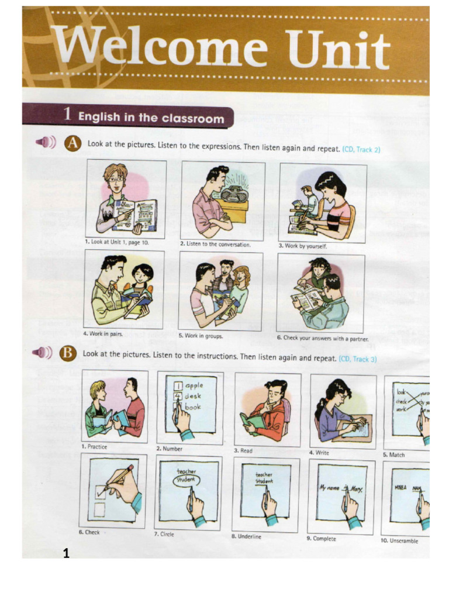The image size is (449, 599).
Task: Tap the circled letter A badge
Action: pyautogui.click(x=72, y=143)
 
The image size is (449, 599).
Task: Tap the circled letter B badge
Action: pyautogui.click(x=68, y=353)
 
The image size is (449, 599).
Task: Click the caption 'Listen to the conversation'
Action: pyautogui.click(x=215, y=245)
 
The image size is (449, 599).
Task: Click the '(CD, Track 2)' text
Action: pyautogui.click(x=361, y=150)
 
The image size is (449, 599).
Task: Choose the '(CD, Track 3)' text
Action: pyautogui.click(x=357, y=359)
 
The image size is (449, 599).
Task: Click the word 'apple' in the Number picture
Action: pyautogui.click(x=194, y=385)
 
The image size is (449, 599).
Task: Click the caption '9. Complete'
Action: pyautogui.click(x=321, y=538)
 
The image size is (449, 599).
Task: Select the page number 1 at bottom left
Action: pyautogui.click(x=66, y=553)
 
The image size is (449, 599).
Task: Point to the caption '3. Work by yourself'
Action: pyautogui.click(x=302, y=246)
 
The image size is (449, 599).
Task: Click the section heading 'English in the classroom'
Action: pyautogui.click(x=151, y=118)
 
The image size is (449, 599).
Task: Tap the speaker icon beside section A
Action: pyautogui.click(x=45, y=143)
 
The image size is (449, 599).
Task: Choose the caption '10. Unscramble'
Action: pyautogui.click(x=399, y=541)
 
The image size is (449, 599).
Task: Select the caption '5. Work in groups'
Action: pyautogui.click(x=201, y=336)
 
